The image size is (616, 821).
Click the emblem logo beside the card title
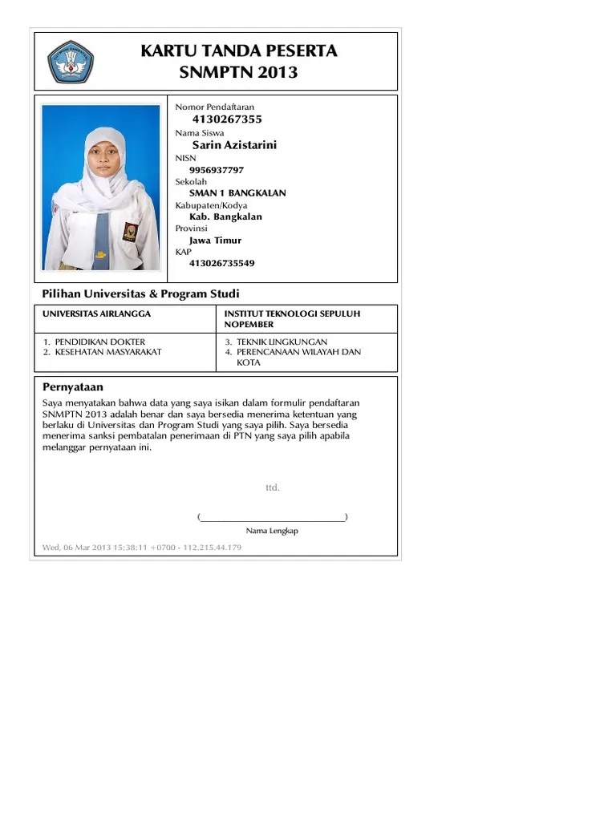pos(71,61)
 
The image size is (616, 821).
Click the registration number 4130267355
pos(227,119)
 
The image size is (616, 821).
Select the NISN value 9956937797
pos(217,170)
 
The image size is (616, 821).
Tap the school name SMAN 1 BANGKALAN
pos(237,193)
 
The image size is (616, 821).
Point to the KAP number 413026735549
pos(222,263)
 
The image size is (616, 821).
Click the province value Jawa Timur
pos(215,240)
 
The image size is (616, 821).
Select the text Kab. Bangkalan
pos(225,216)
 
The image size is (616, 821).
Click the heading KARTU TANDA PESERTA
pos(239,51)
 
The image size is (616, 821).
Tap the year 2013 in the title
pos(277,73)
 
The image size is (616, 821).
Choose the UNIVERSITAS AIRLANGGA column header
pos(96,313)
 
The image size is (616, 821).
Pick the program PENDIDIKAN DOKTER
pos(100,342)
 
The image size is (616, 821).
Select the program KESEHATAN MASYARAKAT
pos(108,352)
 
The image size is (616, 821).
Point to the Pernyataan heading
pos(73,386)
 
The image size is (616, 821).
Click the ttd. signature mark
pos(273,487)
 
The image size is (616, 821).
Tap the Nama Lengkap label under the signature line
pos(272,531)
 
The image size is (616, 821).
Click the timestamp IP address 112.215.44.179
pos(212,548)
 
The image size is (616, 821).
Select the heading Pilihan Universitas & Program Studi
pos(140,294)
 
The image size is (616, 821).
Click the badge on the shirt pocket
pos(130,232)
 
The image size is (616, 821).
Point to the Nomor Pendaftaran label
pos(214,107)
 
